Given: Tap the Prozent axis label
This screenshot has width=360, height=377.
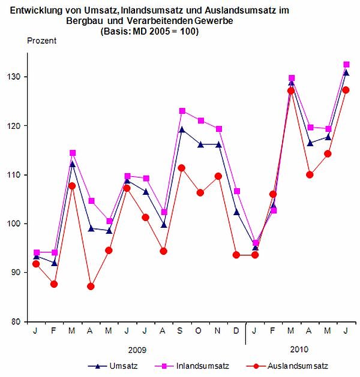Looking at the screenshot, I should tap(42, 41).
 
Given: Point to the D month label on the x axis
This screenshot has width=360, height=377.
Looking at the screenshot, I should tap(237, 331).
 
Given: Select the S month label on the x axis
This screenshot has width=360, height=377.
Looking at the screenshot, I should tap(182, 331).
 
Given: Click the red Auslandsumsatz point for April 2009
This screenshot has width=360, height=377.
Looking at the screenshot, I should tap(91, 286).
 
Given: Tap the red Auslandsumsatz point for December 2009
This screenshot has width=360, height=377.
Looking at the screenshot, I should tap(237, 255).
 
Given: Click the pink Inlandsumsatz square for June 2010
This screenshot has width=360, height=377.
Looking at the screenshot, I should tap(347, 64).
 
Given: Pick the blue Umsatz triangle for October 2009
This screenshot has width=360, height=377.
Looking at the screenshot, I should tap(200, 144).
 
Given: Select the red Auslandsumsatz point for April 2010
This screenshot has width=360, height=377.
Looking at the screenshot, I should tap(310, 175).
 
